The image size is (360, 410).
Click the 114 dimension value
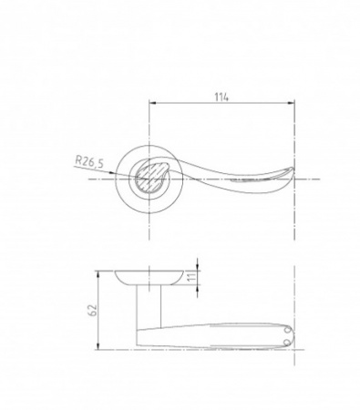pyautogui.click(x=221, y=97)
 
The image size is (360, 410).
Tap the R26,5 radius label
pyautogui.click(x=89, y=161)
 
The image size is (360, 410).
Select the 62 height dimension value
pyautogui.click(x=93, y=310)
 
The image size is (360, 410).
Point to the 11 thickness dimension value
pyautogui.click(x=191, y=277)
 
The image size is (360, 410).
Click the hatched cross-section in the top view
pyautogui.click(x=149, y=177)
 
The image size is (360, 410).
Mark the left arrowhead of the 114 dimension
pyautogui.click(x=152, y=104)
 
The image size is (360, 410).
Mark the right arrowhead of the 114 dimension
pyautogui.click(x=291, y=104)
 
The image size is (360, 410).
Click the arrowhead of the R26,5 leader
pyautogui.click(x=113, y=173)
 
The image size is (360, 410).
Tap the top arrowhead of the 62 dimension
pyautogui.click(x=98, y=274)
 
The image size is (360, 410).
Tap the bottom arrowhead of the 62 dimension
pyautogui.click(x=98, y=346)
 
